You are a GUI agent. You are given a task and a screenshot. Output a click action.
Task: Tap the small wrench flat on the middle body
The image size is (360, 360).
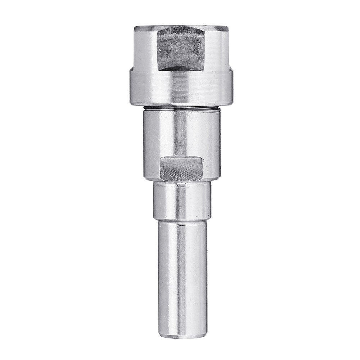pyautogui.click(x=181, y=168)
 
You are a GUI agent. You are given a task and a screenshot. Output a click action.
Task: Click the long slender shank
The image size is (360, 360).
pyautogui.click(x=181, y=277)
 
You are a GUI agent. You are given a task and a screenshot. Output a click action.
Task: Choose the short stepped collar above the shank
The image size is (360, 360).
pyautogui.click(x=181, y=200)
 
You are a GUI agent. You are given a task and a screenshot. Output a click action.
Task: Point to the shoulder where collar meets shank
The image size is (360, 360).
pyautogui.click(x=181, y=220)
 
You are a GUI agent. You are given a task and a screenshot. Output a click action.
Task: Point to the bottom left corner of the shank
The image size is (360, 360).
pyautogui.click(x=159, y=335)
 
